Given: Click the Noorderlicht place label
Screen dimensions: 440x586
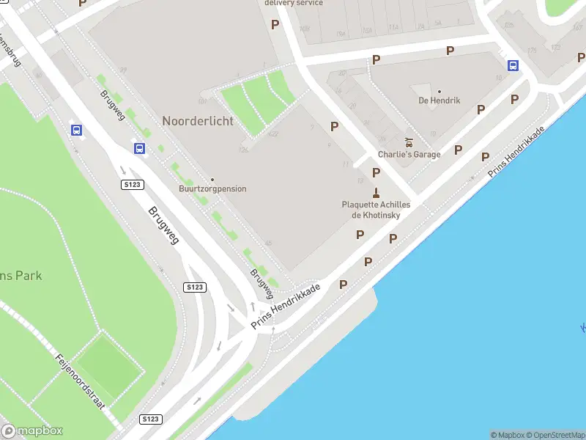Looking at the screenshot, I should [198, 121].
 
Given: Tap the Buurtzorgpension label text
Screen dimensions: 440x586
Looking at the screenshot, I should [212, 189].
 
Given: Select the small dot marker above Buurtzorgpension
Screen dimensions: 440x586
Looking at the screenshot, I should [212, 180].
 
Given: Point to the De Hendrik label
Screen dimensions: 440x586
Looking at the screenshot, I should [439, 100].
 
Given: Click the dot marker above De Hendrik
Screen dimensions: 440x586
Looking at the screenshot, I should [439, 92].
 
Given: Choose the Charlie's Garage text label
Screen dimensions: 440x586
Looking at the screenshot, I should [409, 155].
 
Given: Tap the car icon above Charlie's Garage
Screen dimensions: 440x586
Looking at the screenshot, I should [409, 142].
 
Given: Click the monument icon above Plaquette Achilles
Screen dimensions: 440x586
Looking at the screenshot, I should [376, 193].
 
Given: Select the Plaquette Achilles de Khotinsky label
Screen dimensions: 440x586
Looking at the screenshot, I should [376, 210].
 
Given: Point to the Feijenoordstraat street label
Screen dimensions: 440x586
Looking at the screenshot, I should [81, 381].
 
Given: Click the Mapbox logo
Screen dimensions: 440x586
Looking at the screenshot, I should [32, 431].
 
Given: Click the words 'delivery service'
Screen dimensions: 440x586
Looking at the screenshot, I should [294, 3].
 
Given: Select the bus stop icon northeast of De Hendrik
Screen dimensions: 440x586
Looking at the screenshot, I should [513, 65].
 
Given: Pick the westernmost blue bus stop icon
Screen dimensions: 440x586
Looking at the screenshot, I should [76, 131].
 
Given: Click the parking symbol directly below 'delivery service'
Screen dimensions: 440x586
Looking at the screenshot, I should [275, 24].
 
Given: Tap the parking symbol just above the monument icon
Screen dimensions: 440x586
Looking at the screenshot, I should [376, 172].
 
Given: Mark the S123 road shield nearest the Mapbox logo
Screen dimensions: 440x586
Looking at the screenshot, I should [149, 419].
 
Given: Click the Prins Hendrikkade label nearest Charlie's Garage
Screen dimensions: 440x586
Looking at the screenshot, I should [517, 150].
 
